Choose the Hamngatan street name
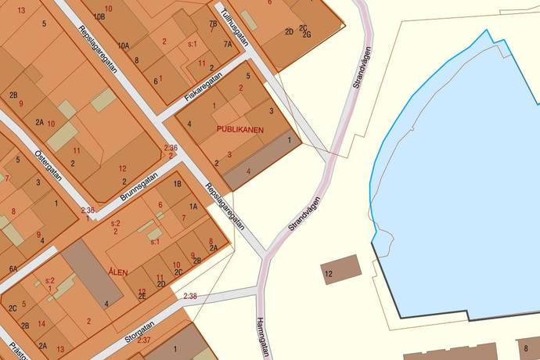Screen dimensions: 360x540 point(262,337)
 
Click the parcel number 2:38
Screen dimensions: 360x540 point(190,296)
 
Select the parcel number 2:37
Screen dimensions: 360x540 point(144,340)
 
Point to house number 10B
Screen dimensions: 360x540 point(98,16)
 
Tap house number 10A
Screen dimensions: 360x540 point(124,46)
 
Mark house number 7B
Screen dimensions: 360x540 point(213,23)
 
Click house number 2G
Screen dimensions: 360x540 point(307,34)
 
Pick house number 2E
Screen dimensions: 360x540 point(142,296)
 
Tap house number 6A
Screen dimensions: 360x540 point(13,268)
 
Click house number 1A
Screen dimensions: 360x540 point(192,207)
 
